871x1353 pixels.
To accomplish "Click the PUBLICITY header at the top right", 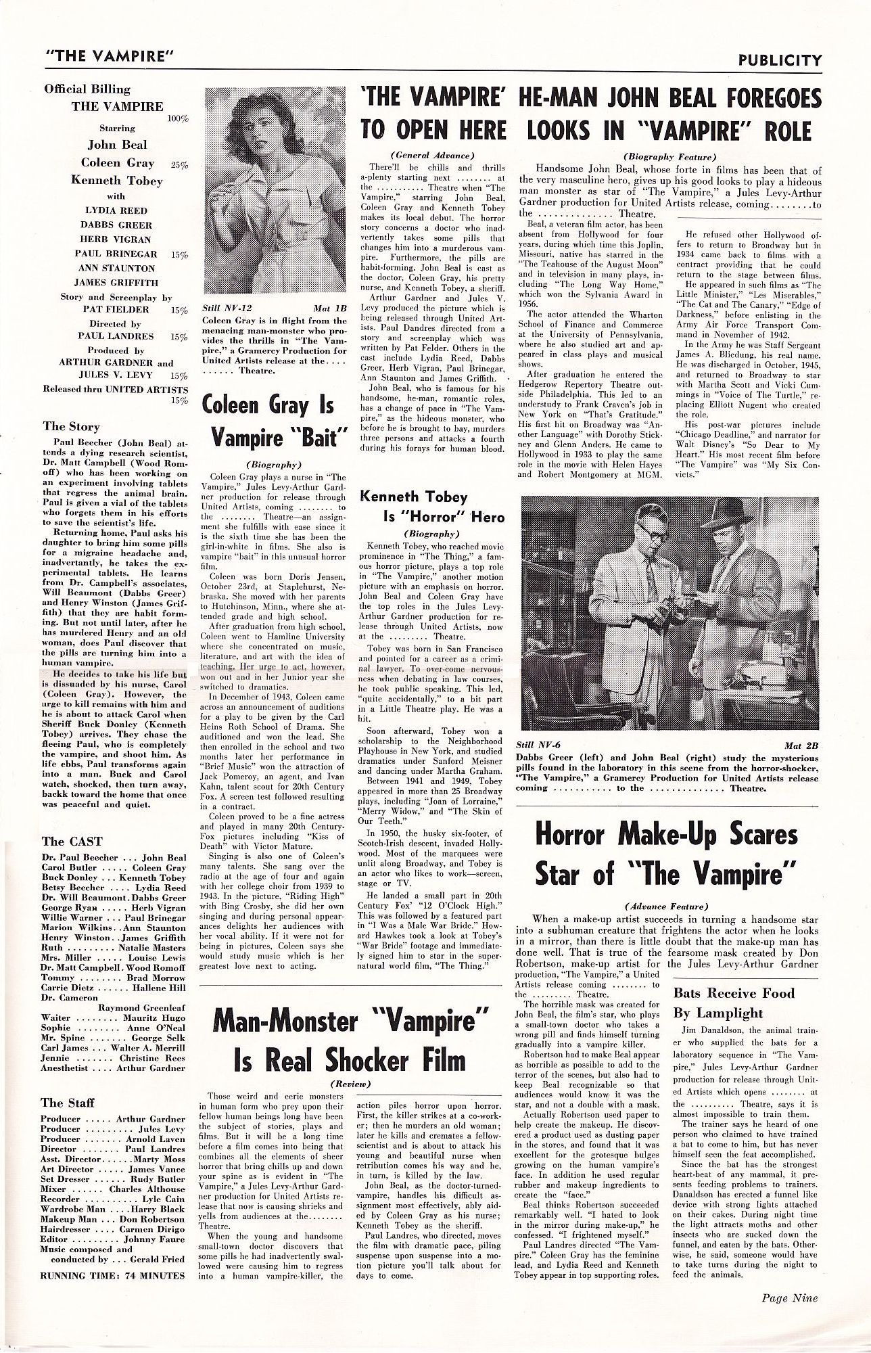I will [x=780, y=60].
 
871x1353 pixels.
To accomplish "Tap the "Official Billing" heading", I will [x=87, y=89].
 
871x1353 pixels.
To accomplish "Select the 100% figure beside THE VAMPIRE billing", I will [x=178, y=118].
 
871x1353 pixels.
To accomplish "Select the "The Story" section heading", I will [x=71, y=426].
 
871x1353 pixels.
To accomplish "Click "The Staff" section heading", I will [x=68, y=1102].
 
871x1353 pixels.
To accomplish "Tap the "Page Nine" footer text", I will [x=789, y=1298].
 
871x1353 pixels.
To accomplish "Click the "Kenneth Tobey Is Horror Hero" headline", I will [x=432, y=507].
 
